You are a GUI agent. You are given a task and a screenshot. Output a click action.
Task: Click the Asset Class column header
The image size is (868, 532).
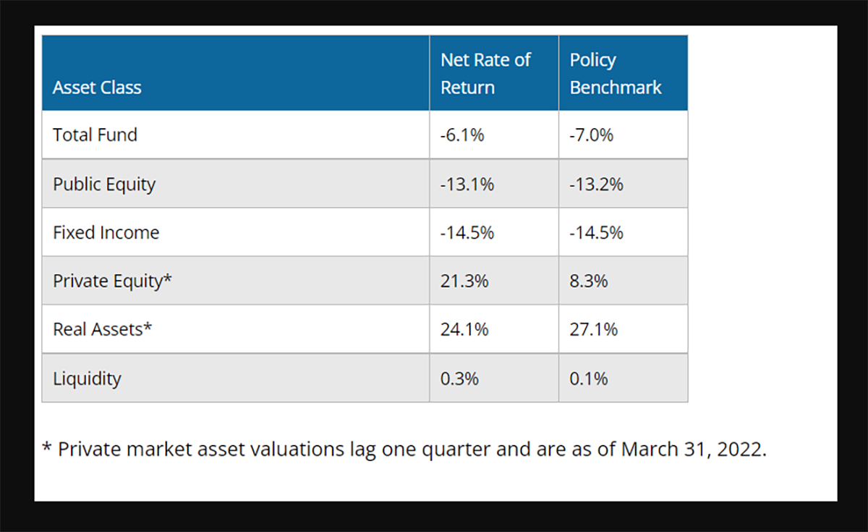[97, 88]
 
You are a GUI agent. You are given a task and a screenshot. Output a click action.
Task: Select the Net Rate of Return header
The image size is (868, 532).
[485, 74]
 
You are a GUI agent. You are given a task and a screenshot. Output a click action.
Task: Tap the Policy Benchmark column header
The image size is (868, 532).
[616, 74]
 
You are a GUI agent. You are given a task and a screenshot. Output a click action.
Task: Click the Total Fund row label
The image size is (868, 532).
[95, 135]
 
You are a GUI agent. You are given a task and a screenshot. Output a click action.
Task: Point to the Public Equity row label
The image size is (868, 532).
[104, 184]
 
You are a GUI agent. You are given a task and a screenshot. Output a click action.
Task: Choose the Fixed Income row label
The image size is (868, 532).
[106, 232]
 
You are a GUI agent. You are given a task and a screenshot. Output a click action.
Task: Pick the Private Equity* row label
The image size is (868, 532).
[112, 281]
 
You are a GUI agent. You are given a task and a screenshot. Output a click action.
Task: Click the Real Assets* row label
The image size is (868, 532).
[103, 329]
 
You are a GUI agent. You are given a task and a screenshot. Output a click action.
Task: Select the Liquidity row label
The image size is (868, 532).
[87, 379]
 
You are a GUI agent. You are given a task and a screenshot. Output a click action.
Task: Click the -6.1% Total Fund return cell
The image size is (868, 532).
[462, 135]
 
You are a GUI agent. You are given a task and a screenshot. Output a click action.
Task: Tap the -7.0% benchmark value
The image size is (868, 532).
[592, 135]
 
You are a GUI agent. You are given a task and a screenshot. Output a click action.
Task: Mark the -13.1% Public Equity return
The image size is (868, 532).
[467, 184]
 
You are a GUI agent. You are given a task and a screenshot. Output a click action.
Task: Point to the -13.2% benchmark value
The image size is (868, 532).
[597, 184]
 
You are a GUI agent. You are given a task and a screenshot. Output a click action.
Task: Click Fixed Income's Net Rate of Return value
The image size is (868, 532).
[467, 232]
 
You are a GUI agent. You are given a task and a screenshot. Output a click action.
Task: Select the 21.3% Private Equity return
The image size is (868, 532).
[464, 281]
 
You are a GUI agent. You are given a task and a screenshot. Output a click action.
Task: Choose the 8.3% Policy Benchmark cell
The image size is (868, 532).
[589, 281]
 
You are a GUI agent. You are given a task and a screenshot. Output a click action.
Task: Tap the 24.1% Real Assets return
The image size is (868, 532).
[464, 329]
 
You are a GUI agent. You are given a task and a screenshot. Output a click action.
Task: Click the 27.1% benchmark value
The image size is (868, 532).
[594, 329]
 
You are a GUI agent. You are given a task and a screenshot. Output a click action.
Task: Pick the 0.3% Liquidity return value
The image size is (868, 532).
[459, 379]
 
